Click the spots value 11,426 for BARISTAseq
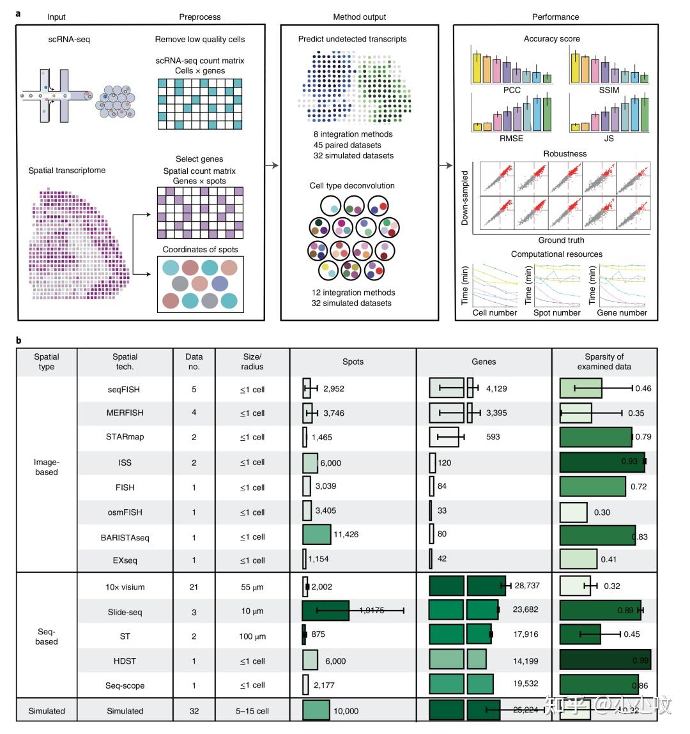346,534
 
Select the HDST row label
125,661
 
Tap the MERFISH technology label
125,413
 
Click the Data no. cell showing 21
194,587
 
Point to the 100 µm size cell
252,637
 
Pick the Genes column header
484,362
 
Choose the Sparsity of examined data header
604,362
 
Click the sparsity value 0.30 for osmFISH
602,512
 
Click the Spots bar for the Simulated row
316,710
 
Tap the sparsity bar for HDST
605,661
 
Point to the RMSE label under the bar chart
512,138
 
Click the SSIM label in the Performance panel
609,90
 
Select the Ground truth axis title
561,240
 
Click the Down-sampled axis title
464,198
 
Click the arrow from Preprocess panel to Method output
273,165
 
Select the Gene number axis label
622,312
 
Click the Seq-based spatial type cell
47,636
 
